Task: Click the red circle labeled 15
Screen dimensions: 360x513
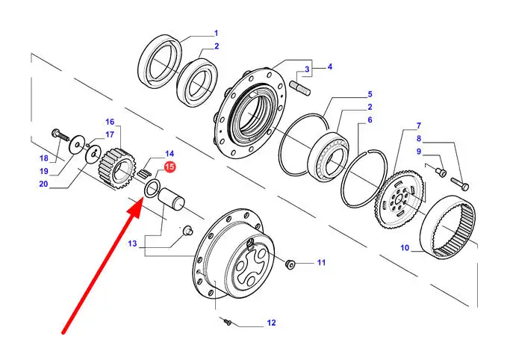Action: pos(170,167)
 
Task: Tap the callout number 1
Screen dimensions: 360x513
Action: pos(216,33)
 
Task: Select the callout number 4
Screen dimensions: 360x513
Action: pos(329,66)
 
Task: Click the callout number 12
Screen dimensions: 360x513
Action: pos(271,323)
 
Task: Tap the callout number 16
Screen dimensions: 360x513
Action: pos(109,122)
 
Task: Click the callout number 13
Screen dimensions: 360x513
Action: pos(131,243)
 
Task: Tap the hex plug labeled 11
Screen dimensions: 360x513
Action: pos(290,264)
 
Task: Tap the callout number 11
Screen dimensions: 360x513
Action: pos(321,262)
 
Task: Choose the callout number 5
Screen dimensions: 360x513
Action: pos(369,95)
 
